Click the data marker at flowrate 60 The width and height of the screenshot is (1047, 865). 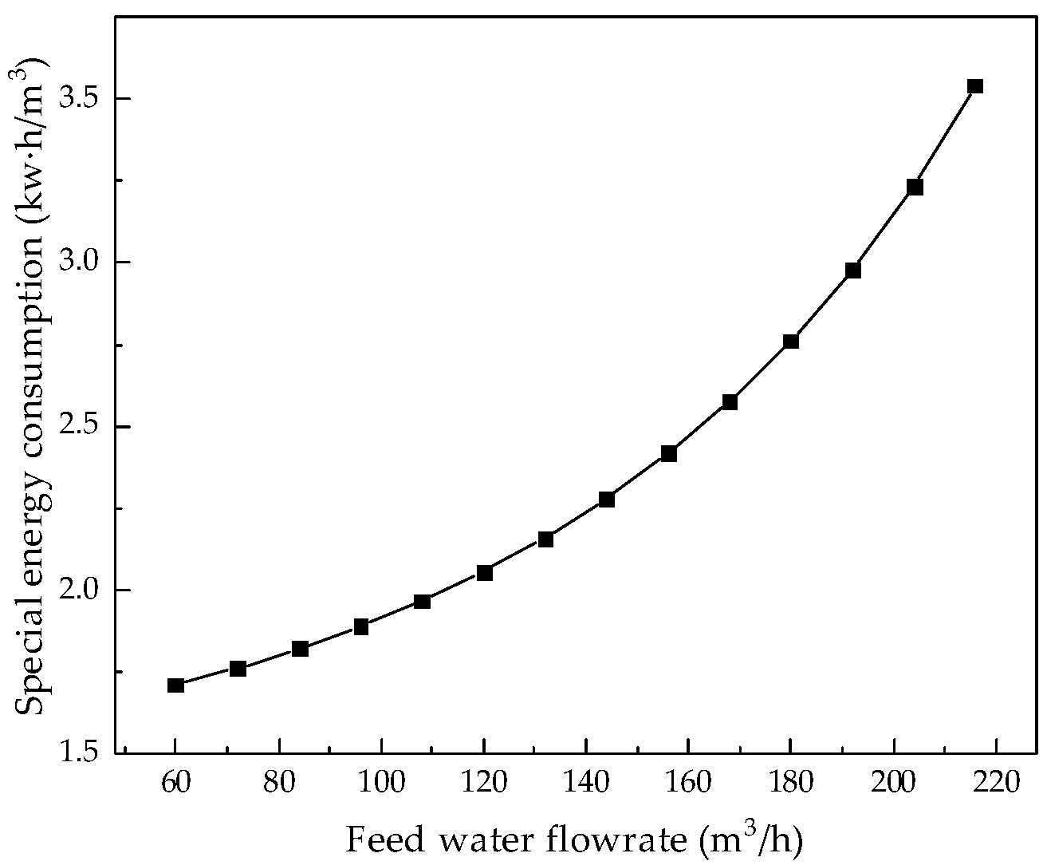pyautogui.click(x=176, y=685)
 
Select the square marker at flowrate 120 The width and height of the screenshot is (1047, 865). pyautogui.click(x=484, y=572)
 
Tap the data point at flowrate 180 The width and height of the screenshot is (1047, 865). pyautogui.click(x=791, y=342)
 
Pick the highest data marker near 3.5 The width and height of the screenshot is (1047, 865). pyautogui.click(x=975, y=86)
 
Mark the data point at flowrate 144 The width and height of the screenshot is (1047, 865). pyautogui.click(x=607, y=500)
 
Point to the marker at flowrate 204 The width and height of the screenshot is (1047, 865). pyautogui.click(x=915, y=187)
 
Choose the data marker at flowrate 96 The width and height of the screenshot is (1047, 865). pyautogui.click(x=361, y=626)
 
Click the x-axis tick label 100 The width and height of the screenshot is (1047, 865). pyautogui.click(x=381, y=783)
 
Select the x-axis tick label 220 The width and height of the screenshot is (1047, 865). pyautogui.click(x=995, y=783)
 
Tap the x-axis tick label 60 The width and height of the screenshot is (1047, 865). pyautogui.click(x=176, y=783)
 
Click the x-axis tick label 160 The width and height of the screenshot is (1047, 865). pyautogui.click(x=688, y=783)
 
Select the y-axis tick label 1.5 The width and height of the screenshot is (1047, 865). pyautogui.click(x=81, y=754)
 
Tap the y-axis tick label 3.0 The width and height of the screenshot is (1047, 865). pyautogui.click(x=81, y=263)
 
